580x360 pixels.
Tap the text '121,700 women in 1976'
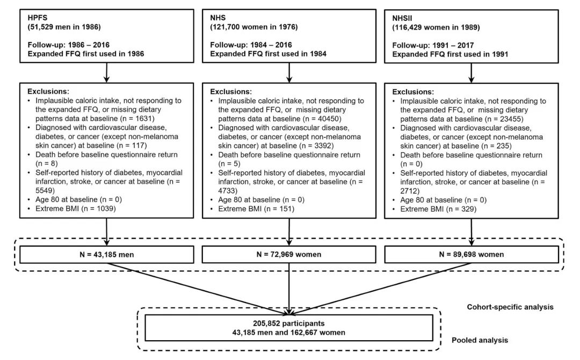tap(254, 26)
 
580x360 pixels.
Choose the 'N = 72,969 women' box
tap(289, 254)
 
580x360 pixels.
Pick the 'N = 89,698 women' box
tap(472, 254)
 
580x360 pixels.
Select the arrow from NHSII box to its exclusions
tap(472, 73)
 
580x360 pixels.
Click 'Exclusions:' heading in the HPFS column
tap(49, 92)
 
